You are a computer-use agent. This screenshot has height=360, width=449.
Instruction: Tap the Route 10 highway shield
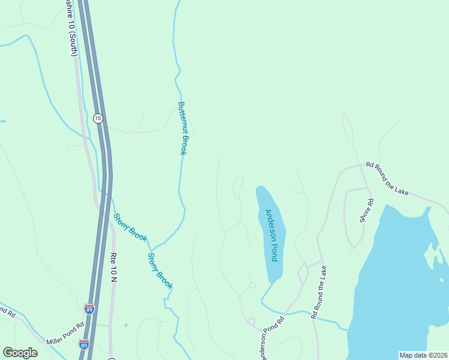click(98, 118)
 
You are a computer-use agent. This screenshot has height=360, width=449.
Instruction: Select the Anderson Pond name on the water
click(272, 235)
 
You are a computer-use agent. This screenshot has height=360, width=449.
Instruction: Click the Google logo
click(20, 353)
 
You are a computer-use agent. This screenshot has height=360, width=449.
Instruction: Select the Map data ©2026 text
click(423, 355)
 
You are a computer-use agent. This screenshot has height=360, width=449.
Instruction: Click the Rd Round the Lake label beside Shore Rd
click(387, 179)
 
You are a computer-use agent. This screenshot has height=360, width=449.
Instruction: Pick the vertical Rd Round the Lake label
click(318, 292)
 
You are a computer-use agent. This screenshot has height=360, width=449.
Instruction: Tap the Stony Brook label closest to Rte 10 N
click(130, 227)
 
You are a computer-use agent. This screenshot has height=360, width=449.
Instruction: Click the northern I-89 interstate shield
click(89, 309)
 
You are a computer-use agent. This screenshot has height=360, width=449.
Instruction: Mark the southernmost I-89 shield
click(83, 344)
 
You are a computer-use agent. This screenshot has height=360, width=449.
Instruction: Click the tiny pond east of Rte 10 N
click(126, 326)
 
